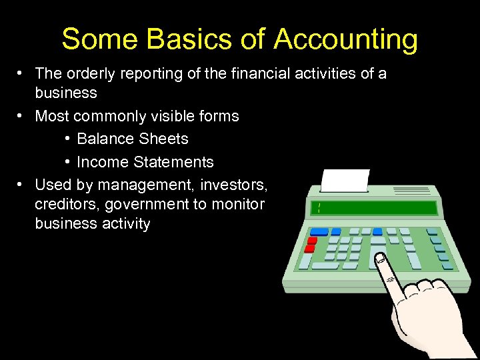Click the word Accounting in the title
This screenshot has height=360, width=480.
(345, 39)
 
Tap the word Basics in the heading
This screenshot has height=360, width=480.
(176, 39)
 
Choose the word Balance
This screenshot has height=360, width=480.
(104, 139)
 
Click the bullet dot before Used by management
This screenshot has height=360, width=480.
(22, 183)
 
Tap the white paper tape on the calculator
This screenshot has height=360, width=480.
(345, 181)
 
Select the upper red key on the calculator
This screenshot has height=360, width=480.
(310, 240)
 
